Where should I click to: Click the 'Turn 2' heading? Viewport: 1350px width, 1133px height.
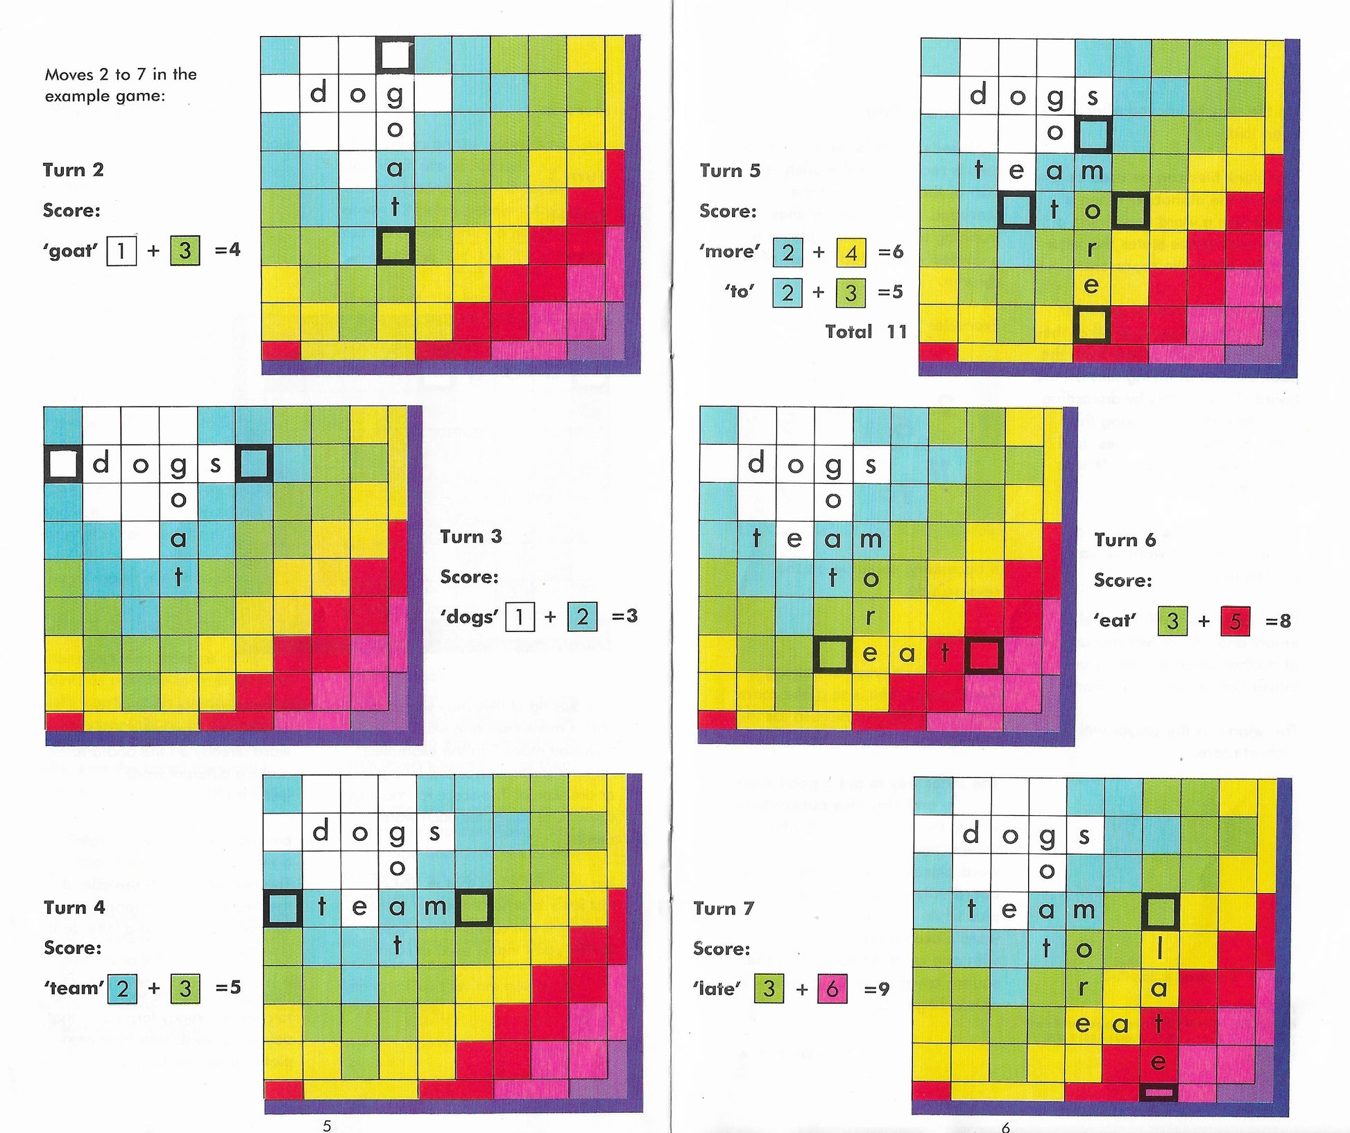pos(73,170)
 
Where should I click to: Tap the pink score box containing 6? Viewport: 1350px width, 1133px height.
pos(832,989)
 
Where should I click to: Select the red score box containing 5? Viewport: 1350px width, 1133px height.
pos(1235,621)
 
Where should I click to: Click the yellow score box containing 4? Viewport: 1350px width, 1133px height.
pos(851,253)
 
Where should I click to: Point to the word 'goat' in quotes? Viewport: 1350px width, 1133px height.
pos(70,250)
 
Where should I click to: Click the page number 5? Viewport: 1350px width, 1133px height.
pos(327,1125)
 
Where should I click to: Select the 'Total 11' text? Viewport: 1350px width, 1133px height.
pos(866,332)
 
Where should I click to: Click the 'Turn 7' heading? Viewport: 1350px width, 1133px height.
pos(723,908)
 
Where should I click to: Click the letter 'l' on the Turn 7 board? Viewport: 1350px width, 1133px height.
pos(1159,949)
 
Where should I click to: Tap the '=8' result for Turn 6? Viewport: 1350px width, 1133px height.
pos(1278,621)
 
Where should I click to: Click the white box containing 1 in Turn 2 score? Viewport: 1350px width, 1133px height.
pos(121,250)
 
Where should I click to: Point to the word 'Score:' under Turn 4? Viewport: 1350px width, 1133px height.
pos(72,948)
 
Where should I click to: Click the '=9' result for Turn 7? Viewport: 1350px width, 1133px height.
pos(876,989)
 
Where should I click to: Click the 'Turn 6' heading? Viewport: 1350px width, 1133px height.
pos(1125,540)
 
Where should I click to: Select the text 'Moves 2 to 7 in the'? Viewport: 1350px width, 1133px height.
pos(121,74)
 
